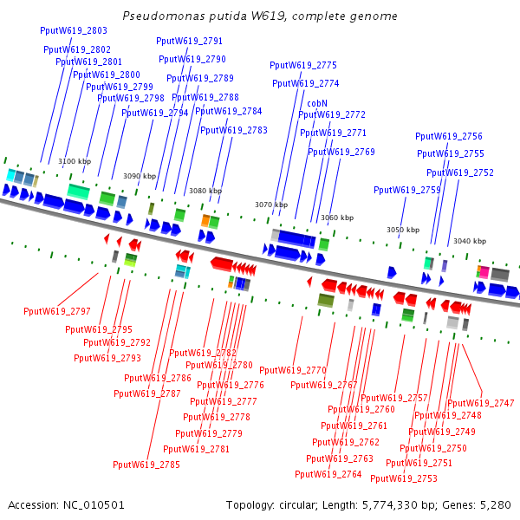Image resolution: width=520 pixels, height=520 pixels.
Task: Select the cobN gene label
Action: [x=317, y=103]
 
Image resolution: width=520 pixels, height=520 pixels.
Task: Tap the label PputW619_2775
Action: [x=303, y=65]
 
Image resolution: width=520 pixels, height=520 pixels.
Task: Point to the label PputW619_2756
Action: [x=449, y=136]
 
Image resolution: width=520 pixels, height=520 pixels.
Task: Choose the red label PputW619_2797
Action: [x=57, y=311]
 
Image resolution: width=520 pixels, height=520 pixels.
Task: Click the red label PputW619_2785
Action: [x=146, y=465]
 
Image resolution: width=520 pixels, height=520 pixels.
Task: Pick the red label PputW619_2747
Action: [x=480, y=403]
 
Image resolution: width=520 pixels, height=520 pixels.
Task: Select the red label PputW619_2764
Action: [x=328, y=474]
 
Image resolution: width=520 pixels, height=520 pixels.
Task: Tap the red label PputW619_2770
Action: [x=293, y=371]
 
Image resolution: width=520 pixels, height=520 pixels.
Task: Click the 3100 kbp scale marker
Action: [x=75, y=161]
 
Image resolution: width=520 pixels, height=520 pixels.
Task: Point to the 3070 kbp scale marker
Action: [x=271, y=205]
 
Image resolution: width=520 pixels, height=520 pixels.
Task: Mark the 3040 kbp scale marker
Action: [x=470, y=241]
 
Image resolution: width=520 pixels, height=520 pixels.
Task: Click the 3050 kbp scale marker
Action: [x=403, y=230]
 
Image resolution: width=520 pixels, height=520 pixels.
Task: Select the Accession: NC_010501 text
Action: [x=66, y=504]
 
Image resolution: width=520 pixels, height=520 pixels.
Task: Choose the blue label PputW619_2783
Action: [x=234, y=130]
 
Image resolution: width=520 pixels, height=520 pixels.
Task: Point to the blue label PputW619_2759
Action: [x=407, y=190]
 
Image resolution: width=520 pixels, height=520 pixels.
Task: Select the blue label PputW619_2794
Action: [x=155, y=113]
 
